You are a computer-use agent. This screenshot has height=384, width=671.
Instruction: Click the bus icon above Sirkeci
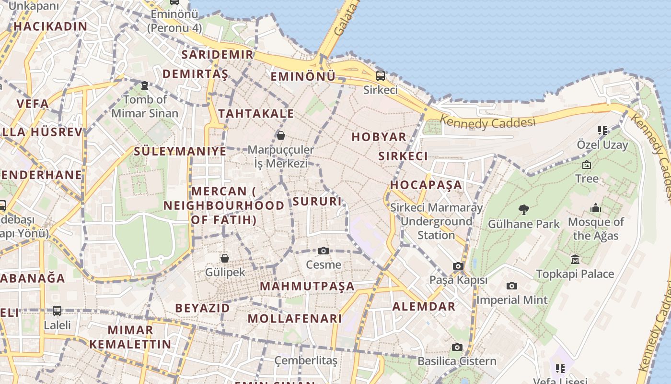[x=380, y=75]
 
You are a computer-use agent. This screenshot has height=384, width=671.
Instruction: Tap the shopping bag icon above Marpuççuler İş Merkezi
[x=281, y=135]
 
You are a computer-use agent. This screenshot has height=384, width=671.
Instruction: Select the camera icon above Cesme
[x=324, y=251]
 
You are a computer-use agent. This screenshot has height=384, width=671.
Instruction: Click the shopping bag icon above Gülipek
[x=224, y=258]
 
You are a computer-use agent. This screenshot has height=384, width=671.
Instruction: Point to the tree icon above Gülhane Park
[x=523, y=209]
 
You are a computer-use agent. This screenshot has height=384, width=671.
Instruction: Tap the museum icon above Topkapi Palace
[x=575, y=260]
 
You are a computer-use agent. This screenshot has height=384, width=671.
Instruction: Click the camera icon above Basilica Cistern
[x=457, y=347]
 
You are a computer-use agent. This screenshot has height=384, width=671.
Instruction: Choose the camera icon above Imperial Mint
[x=512, y=286]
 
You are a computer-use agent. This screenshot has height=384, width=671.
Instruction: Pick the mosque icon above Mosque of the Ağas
[x=596, y=208]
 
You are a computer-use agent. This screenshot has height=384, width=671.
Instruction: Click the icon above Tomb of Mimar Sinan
[x=145, y=85]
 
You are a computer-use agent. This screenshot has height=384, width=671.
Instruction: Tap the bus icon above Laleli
[x=57, y=311]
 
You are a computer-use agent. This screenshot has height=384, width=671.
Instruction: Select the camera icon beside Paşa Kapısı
[x=458, y=266]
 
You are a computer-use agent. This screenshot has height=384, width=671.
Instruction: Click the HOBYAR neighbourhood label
[x=379, y=137]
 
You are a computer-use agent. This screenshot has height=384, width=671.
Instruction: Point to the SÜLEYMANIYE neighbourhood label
[x=180, y=151]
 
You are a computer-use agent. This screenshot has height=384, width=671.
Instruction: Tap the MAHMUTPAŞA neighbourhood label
[x=307, y=287]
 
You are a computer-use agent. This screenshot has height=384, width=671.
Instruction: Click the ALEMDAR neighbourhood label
[x=424, y=307]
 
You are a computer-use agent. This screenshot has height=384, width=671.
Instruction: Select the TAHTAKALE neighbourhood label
[x=256, y=114]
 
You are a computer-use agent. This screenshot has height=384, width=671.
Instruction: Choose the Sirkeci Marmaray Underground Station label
[x=436, y=221]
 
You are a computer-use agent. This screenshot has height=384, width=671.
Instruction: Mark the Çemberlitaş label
[x=306, y=360]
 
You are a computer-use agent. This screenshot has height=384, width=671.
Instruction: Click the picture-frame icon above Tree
[x=586, y=165]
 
